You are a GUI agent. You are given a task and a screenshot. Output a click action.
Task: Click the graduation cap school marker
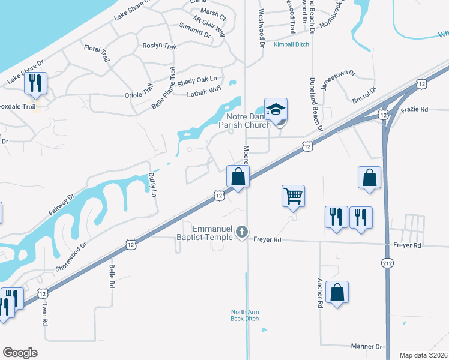coord(276,110)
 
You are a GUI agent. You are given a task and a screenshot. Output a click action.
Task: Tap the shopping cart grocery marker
coord(293,196)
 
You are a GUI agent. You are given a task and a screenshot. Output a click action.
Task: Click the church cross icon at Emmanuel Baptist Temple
coord(241,232)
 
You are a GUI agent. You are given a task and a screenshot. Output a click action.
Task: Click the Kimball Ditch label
coord(291,45)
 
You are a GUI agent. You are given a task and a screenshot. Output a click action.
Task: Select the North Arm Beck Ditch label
coord(245,315)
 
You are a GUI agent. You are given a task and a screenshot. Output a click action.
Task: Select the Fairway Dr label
coord(62,205)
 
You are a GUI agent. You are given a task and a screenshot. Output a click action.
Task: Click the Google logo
coord(20,353)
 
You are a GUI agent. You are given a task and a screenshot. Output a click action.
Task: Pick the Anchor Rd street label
coord(319,293)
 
